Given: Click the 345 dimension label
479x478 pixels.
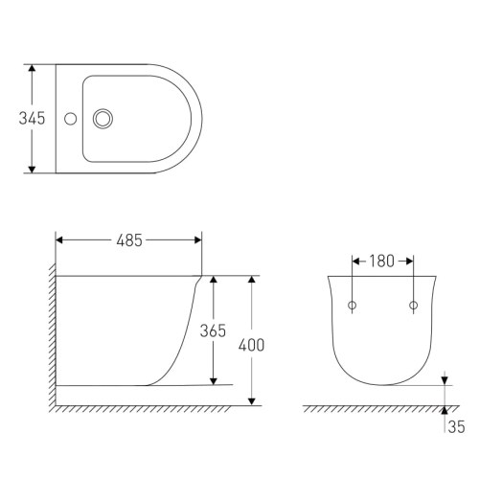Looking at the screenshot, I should [x=15, y=119].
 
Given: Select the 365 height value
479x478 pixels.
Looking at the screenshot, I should [x=213, y=330].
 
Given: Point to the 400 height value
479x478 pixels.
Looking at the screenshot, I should [x=251, y=344].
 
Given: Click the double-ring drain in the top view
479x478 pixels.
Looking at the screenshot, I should [x=103, y=120].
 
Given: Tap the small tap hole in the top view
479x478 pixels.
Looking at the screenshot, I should [x=68, y=120].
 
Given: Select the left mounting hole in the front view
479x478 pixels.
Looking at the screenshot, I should [x=353, y=306].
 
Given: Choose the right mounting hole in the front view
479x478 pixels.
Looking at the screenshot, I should [x=414, y=306].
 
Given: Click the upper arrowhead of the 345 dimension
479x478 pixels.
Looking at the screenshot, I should [x=33, y=70].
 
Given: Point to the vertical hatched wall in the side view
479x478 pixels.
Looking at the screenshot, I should [x=50, y=335].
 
